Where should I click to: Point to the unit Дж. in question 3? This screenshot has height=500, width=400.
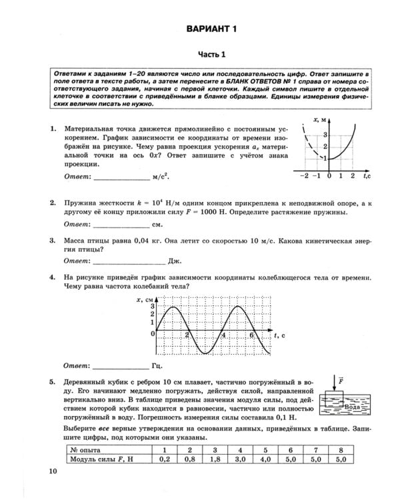tap(175, 261)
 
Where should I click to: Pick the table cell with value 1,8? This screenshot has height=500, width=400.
tap(215, 459)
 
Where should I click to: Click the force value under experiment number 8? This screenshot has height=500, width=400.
tap(341, 459)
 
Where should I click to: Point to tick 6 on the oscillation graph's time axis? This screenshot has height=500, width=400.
tap(251, 335)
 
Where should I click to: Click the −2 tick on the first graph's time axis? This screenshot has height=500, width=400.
tap(303, 175)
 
